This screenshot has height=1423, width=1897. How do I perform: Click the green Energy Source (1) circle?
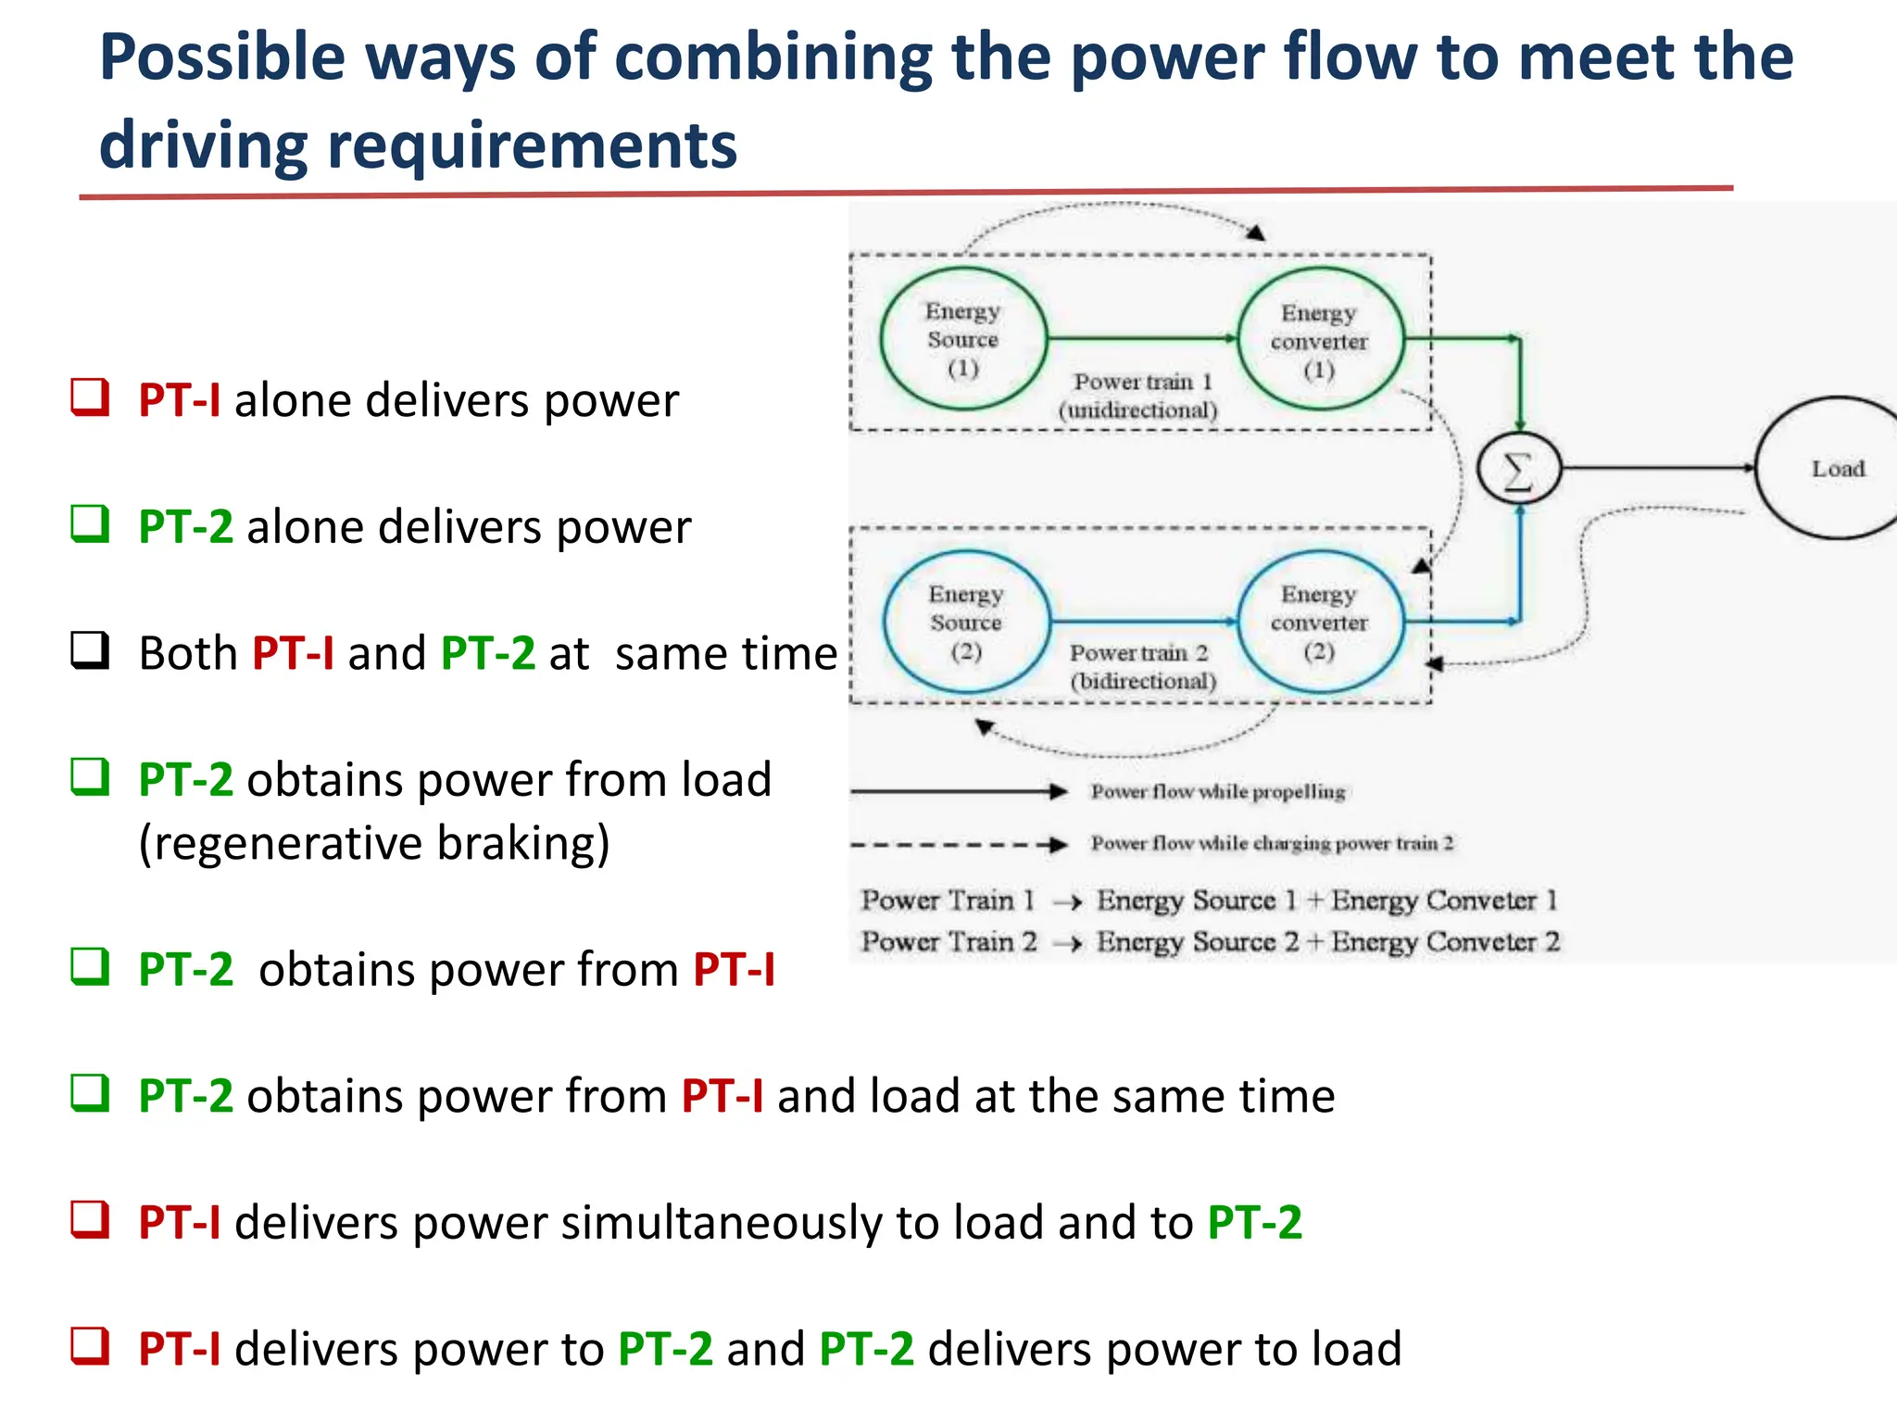[963, 339]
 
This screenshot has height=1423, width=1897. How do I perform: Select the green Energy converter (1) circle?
[1320, 340]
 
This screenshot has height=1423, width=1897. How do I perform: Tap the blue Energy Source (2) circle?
[966, 622]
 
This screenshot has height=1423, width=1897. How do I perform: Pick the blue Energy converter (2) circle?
[1320, 622]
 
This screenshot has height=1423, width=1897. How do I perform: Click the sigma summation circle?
[1518, 470]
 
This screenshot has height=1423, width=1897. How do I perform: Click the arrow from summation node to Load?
[1658, 469]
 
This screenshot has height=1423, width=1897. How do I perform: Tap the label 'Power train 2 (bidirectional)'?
[1141, 667]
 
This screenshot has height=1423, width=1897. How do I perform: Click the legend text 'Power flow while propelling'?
[1217, 791]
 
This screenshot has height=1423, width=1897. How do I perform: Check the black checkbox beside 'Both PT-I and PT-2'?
[90, 651]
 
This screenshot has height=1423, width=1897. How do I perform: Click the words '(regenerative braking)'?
[374, 843]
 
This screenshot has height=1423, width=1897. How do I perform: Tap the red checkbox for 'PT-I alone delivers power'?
[90, 398]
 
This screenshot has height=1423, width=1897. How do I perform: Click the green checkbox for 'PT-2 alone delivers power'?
[90, 524]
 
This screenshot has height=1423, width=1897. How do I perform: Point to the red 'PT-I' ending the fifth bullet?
[734, 970]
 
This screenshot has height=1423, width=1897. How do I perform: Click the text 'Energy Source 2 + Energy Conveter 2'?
[1327, 942]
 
